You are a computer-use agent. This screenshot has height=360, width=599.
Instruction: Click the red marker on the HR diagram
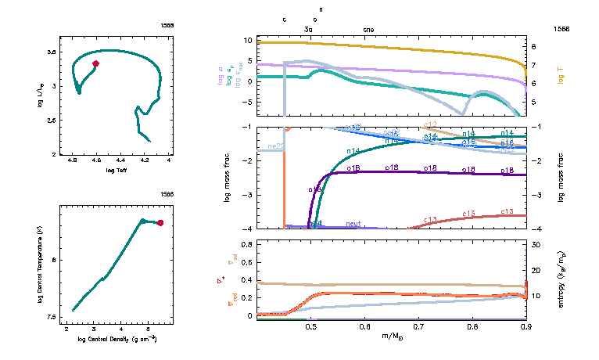tap(95, 63)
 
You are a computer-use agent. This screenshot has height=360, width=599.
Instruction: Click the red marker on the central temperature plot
tap(160, 223)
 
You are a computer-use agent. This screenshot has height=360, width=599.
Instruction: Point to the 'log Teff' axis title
tap(117, 170)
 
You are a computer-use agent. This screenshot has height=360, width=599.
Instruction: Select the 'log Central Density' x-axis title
tap(117, 339)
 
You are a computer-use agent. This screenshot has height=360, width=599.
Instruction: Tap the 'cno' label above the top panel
tap(368, 30)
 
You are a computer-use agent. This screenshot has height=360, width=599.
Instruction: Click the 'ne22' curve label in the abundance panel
tap(275, 146)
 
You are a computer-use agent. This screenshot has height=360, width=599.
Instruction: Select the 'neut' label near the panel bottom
tap(353, 224)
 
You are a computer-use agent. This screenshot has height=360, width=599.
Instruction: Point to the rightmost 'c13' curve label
tap(506, 212)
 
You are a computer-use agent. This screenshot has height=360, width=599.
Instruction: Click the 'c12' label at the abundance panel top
tap(429, 125)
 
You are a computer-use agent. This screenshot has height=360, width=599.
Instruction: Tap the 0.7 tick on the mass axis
tap(418, 326)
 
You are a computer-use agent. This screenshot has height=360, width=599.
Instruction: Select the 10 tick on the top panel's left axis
tap(248, 40)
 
